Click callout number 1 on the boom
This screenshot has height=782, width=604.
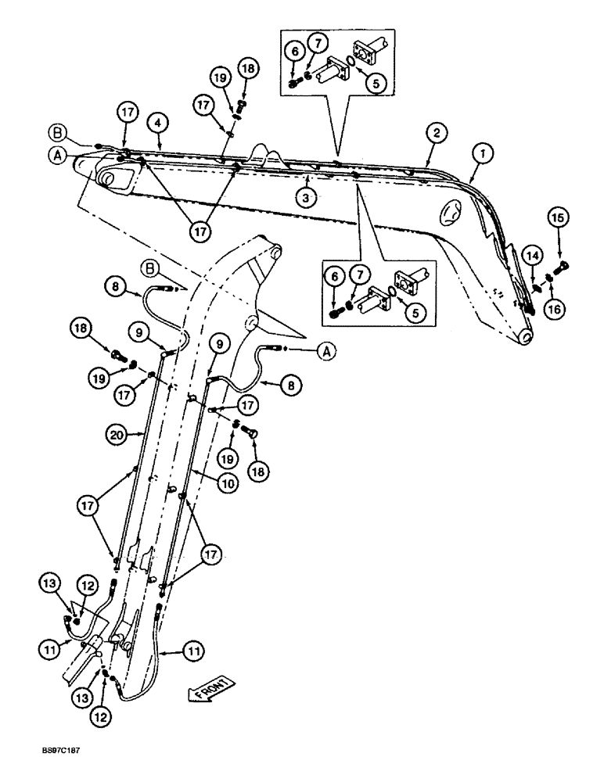tap(483, 155)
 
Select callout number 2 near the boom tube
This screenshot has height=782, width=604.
tap(437, 133)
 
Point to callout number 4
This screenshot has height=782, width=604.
tap(159, 122)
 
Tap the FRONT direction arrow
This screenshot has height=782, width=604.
tap(209, 689)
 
